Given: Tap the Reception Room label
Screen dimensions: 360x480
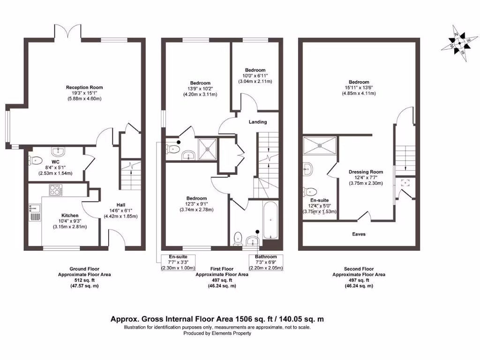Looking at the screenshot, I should [84, 88].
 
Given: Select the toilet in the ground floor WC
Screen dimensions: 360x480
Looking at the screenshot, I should [34, 160].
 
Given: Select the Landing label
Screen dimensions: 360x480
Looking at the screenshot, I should [258, 122].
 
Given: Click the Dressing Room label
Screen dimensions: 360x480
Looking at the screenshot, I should [366, 172].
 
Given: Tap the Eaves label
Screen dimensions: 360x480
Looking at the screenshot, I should [359, 234].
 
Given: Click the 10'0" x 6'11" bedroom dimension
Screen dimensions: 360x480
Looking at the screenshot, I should [254, 75].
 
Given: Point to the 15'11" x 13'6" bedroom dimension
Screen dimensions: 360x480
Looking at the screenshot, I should [359, 88].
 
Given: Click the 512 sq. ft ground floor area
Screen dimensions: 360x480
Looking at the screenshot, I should [84, 280].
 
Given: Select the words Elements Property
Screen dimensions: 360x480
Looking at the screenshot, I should [231, 333].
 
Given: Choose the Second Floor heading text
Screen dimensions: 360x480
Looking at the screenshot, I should [359, 269].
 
